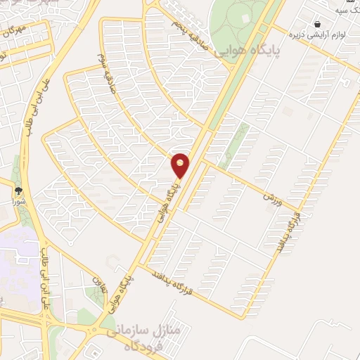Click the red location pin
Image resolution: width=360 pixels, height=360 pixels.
181,165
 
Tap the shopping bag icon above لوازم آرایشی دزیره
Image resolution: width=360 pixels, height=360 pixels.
317,24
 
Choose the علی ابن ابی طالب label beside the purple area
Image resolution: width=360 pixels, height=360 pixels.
47,274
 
